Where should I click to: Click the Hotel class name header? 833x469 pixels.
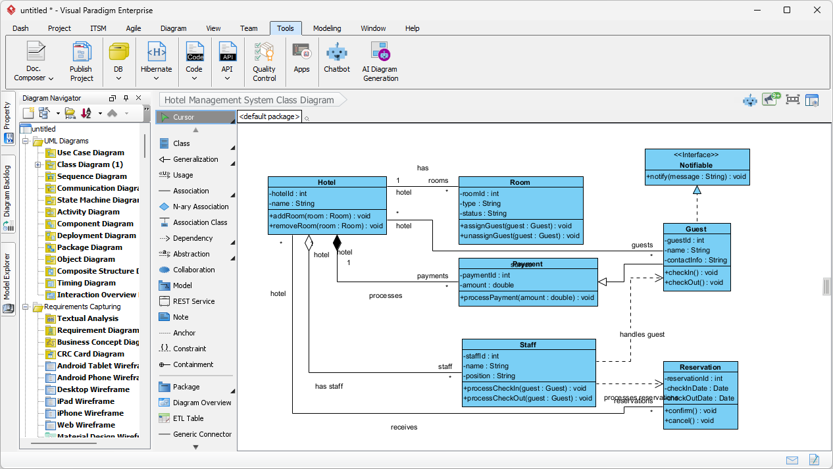point(326,182)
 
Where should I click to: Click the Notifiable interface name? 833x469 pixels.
point(696,165)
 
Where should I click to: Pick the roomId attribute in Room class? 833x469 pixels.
point(480,193)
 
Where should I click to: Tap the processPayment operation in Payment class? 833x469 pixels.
point(528,297)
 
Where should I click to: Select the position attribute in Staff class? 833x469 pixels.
point(490,376)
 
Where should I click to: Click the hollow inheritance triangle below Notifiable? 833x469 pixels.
point(697,190)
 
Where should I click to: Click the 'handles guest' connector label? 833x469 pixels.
point(642,334)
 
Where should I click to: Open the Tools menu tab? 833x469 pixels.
point(286,28)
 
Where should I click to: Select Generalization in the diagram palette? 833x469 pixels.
point(195,159)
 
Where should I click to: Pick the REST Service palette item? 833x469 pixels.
point(193,301)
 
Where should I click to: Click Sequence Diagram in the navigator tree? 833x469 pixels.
point(91,176)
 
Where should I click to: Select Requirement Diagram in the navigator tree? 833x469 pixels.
point(98,330)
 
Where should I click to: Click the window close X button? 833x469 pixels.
point(817,10)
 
